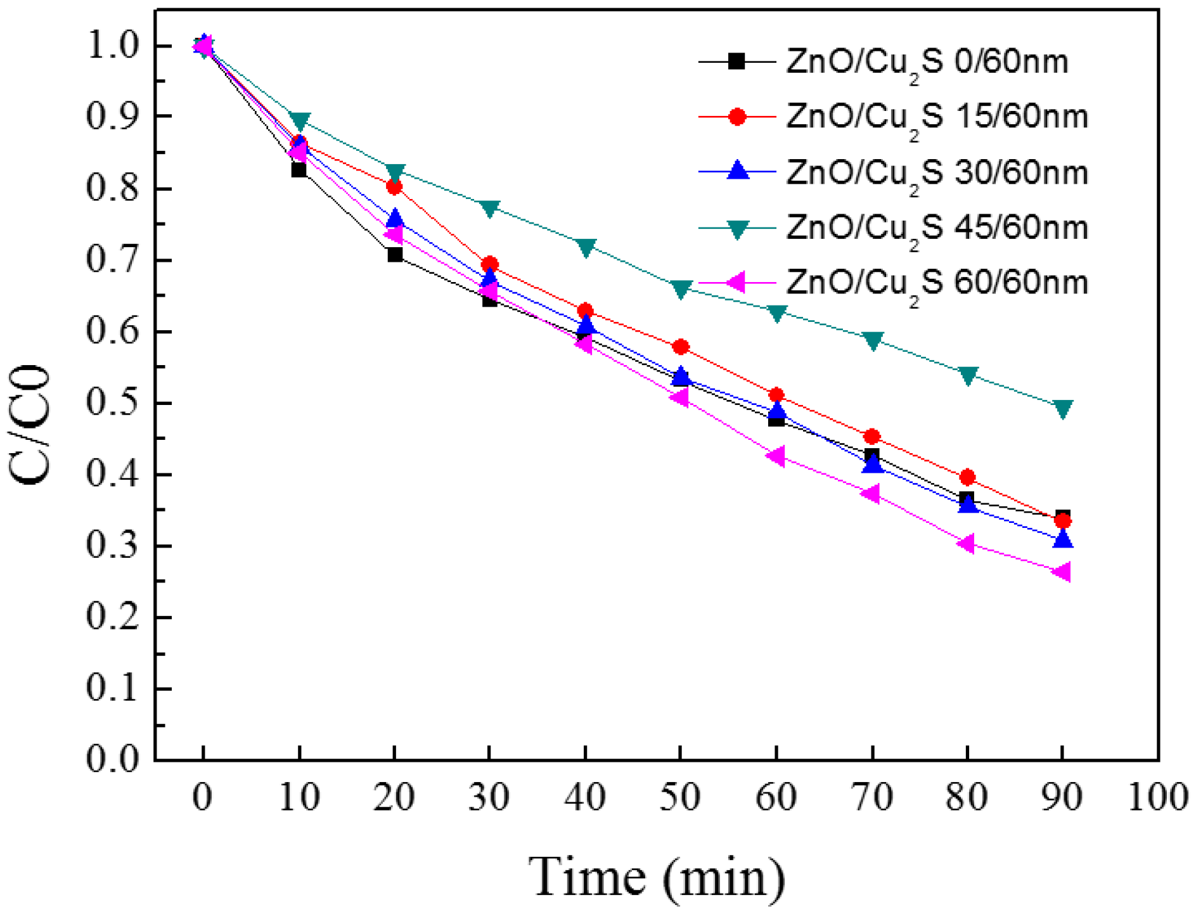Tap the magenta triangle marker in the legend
[736, 283]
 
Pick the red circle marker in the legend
[736, 117]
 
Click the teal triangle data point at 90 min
[1063, 409]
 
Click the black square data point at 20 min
[395, 255]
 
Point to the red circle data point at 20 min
[394, 187]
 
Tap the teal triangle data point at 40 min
[586, 247]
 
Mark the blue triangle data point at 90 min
[1063, 539]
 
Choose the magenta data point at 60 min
[776, 456]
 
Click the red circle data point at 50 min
[681, 347]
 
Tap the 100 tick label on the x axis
[1157, 797]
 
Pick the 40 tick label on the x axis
[584, 797]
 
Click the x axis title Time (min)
[657, 878]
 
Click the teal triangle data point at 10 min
[300, 121]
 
